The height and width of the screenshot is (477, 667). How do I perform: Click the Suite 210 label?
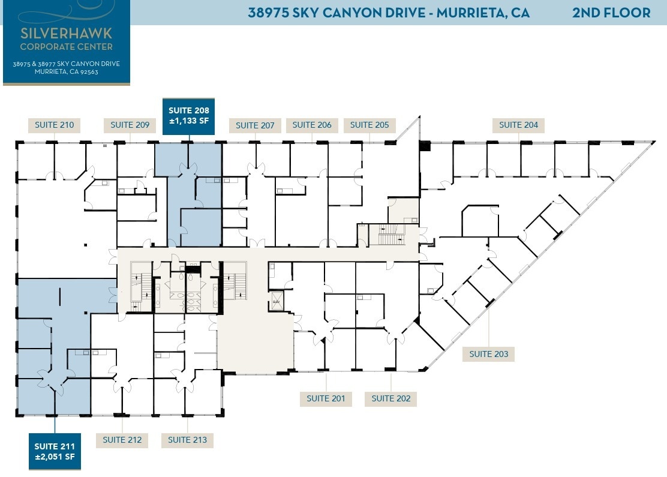point(54,125)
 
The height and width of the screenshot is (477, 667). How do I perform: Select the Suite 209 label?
point(130,125)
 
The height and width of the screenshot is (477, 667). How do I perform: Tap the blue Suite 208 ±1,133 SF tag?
point(189,116)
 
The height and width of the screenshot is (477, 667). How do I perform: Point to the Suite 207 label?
point(255,125)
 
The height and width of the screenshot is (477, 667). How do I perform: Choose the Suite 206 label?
point(312,125)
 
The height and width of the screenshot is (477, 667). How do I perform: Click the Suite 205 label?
point(369,125)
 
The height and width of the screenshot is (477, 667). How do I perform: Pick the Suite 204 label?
point(519,125)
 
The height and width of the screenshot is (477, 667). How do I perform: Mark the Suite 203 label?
point(489,354)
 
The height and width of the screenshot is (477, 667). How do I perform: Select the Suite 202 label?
point(390,398)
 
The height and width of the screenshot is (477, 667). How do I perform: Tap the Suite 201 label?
point(326,398)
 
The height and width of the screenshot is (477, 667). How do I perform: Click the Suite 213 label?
point(187,440)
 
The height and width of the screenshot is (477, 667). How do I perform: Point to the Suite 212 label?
point(122,440)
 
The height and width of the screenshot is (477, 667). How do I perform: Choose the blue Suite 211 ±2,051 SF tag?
point(55,451)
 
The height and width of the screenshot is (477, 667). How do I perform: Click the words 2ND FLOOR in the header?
point(611,13)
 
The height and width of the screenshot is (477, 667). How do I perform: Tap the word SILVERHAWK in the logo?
point(66,33)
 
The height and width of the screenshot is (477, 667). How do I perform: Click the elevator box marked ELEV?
point(277,301)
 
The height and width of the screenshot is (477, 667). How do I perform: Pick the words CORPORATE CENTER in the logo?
point(66,46)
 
